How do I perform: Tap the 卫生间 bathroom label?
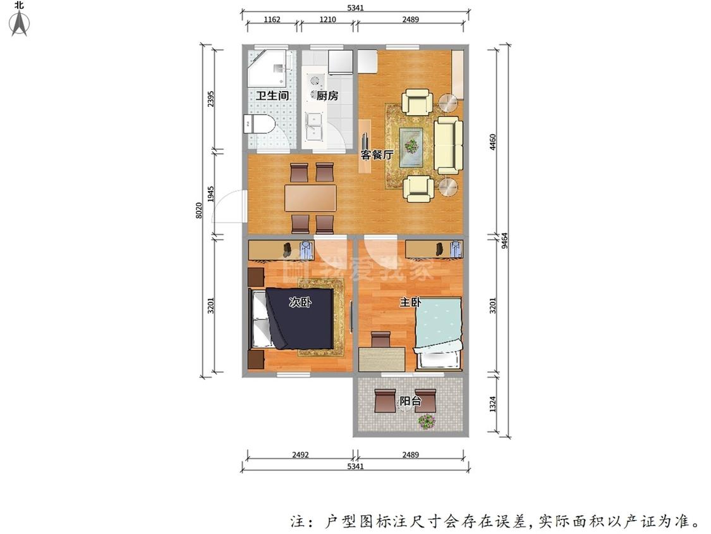click(x=272, y=96)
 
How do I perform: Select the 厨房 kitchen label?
click(x=327, y=96)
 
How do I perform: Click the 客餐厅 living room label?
click(x=377, y=154)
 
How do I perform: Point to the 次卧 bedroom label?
click(x=300, y=302)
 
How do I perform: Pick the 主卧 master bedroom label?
click(x=410, y=302)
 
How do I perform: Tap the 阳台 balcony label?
click(x=410, y=401)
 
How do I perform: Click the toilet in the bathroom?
click(x=259, y=123)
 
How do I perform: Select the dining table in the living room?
click(x=310, y=198)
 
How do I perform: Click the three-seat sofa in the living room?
click(x=449, y=146)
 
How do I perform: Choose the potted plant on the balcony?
click(x=426, y=422)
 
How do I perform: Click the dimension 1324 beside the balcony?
click(x=493, y=404)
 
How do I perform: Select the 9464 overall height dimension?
click(x=505, y=240)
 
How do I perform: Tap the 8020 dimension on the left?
click(x=199, y=211)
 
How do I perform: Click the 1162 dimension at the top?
click(x=272, y=20)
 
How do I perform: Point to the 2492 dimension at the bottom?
click(x=300, y=454)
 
